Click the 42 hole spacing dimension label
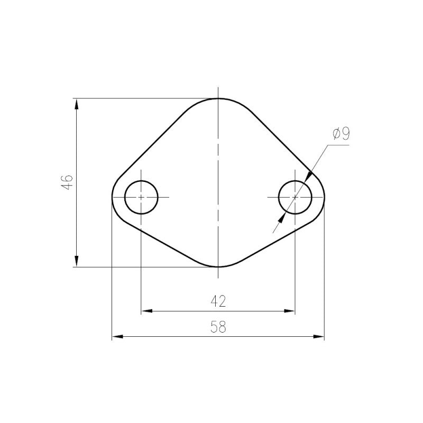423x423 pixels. [218, 301]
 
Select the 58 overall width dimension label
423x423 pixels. [218, 327]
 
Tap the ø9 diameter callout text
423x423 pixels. [341, 134]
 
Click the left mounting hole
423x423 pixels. [141, 197]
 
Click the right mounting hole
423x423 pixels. [295, 197]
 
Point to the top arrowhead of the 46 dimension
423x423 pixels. [77, 104]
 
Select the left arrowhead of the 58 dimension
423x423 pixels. [117, 336]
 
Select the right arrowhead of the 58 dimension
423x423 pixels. [318, 336]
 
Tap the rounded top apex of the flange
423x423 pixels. [218, 99]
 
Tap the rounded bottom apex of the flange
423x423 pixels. [218, 266]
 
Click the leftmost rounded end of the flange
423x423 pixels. [113, 197]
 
